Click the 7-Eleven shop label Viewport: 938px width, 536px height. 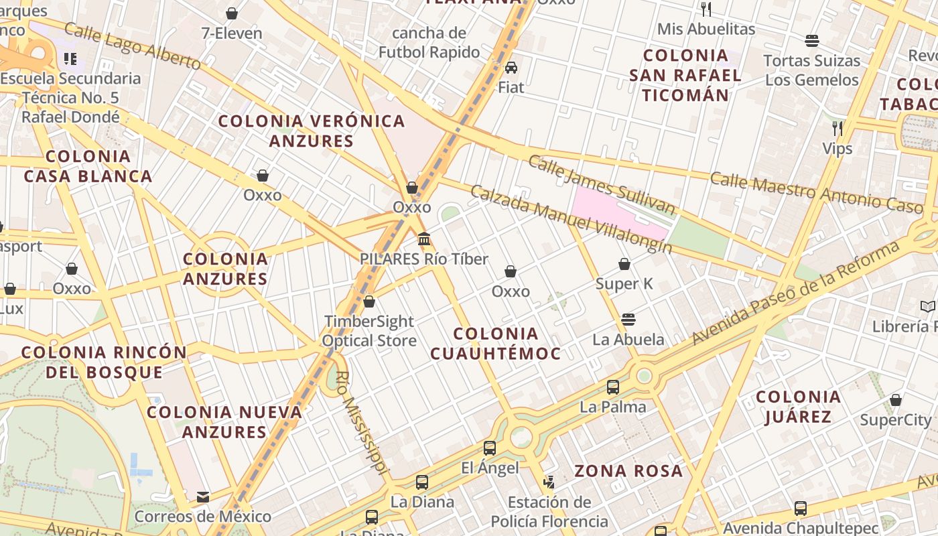232,33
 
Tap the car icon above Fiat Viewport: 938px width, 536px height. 511,67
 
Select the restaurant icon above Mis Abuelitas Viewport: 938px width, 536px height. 706,9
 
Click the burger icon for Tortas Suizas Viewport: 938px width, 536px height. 812,41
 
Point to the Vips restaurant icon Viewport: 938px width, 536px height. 837,128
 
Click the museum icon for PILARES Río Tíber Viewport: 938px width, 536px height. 423,239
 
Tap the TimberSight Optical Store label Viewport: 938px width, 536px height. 369,331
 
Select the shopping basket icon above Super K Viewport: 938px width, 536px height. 624,264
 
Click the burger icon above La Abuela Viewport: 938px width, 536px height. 628,319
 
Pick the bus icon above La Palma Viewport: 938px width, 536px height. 613,387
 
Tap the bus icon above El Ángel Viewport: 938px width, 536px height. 490,448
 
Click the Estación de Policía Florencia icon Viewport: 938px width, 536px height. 549,482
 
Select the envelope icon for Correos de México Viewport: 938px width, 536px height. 203,497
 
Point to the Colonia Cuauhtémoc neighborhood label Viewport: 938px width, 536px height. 495,343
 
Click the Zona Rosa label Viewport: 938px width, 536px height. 628,470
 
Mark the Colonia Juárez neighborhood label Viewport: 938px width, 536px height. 798,407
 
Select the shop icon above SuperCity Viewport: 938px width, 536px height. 896,400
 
